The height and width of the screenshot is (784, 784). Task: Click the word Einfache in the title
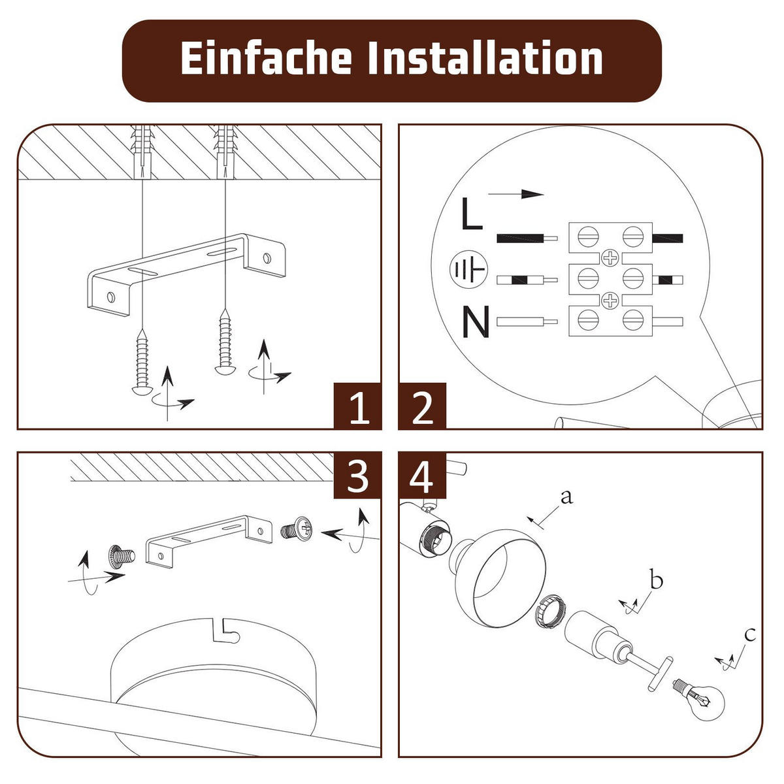266,59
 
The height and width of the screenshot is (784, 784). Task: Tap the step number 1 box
357,406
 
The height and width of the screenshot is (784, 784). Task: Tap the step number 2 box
422,406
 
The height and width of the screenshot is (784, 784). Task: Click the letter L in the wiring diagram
471,214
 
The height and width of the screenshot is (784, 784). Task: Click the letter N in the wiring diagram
476,321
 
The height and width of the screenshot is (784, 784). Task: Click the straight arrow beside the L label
515,194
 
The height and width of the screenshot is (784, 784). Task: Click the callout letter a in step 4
566,497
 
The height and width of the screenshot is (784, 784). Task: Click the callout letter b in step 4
656,580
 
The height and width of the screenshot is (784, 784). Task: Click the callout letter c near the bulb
750,634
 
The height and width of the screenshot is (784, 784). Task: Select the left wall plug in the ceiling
142,151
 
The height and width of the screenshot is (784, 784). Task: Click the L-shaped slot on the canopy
225,630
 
